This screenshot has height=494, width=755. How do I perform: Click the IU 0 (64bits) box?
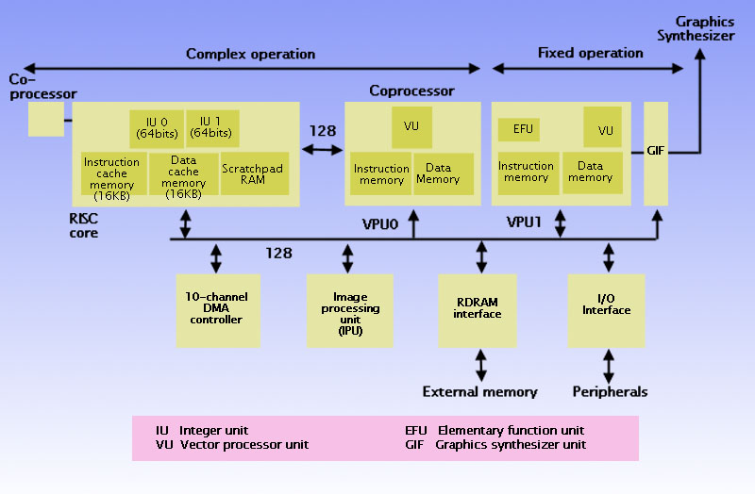pyautogui.click(x=156, y=127)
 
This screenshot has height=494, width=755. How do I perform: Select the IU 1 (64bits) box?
pyautogui.click(x=212, y=127)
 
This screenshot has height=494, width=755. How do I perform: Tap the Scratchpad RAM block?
pyautogui.click(x=255, y=174)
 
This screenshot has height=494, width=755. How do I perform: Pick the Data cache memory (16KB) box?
pyautogui.click(x=183, y=174)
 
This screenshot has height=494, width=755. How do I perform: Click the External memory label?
pyautogui.click(x=479, y=391)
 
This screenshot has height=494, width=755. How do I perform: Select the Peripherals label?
pyautogui.click(x=610, y=391)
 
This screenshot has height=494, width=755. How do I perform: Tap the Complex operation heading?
pyautogui.click(x=250, y=54)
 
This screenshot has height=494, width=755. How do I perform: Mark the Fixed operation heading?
pyautogui.click(x=590, y=52)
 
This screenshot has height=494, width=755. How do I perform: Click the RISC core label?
pyautogui.click(x=83, y=226)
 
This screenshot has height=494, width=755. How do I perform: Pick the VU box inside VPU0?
pyautogui.click(x=411, y=125)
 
